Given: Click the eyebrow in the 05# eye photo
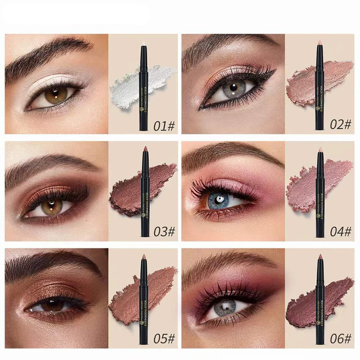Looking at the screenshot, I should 49,265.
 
